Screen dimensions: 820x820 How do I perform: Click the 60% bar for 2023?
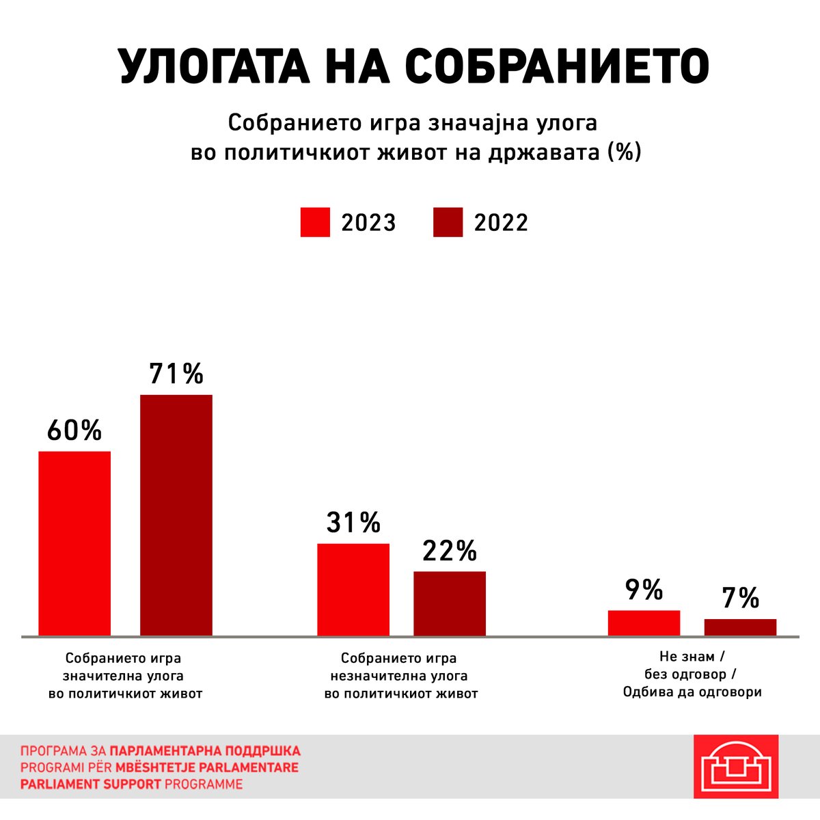[74, 543]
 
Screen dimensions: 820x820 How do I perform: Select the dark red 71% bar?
[176, 515]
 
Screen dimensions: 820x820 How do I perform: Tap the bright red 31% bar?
[353, 590]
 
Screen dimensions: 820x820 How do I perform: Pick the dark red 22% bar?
[450, 603]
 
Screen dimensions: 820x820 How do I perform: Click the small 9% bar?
[644, 623]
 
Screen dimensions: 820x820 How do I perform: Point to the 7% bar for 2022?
[740, 627]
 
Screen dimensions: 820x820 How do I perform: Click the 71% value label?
[176, 374]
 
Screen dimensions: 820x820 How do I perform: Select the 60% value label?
[74, 430]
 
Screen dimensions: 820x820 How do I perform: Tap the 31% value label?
[353, 523]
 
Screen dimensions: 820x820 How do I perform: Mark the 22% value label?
[450, 551]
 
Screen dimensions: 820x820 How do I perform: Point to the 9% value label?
[644, 590]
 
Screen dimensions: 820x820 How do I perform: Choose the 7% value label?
[740, 598]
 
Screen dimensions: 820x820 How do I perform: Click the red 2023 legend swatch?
[315, 223]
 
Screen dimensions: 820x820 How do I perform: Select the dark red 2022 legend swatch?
[448, 223]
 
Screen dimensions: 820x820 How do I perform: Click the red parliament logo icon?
[735, 766]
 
